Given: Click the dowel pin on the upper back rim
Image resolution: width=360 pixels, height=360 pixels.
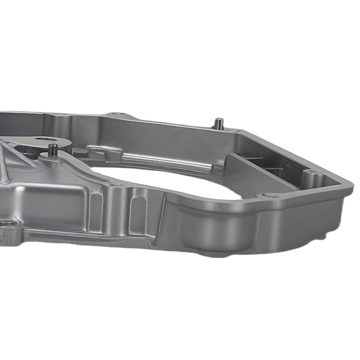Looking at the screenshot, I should tap(218, 123).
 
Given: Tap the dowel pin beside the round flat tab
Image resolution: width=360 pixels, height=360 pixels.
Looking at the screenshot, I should tap(53, 150).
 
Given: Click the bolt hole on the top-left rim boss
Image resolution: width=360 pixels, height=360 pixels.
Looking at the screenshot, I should tap(117, 114).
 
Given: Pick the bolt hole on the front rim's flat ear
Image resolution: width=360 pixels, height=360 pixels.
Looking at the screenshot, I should tap(268, 195).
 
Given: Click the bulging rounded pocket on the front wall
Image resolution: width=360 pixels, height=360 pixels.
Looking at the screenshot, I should tap(212, 230).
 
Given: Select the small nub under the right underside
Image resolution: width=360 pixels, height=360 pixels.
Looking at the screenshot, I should tap(321, 237).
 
